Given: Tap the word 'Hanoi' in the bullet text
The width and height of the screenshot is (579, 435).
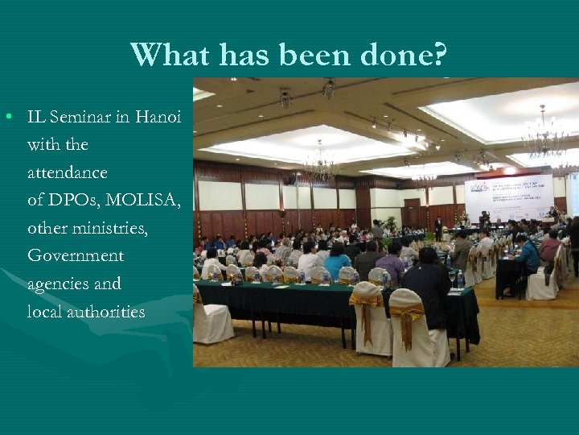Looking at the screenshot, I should [158, 117].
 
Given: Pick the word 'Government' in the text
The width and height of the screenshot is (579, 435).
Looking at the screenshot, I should [76, 255].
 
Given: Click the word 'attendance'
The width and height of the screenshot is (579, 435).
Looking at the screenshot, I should [68, 172].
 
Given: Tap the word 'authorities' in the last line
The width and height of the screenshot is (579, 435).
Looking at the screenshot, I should [105, 311].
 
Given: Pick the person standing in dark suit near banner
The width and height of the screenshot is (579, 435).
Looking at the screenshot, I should [438, 224].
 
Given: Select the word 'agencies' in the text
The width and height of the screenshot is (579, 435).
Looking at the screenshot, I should [74, 284].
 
